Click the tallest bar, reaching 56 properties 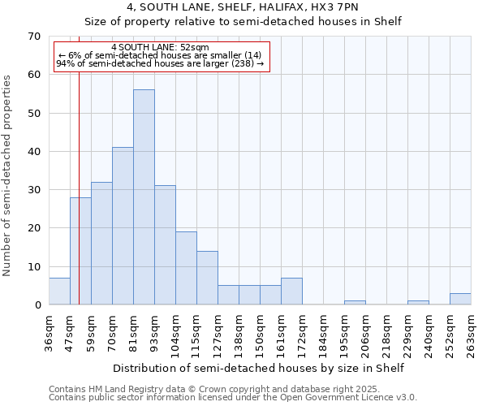click(x=144, y=197)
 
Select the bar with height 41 click(x=123, y=226)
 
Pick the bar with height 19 click(x=186, y=268)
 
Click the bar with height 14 click(x=207, y=278)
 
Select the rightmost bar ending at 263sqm click(x=460, y=299)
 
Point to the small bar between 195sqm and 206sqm click(x=355, y=303)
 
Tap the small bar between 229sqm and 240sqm click(x=418, y=303)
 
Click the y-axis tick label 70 click(x=33, y=37)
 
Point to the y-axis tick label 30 click(x=33, y=190)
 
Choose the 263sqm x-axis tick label click(x=471, y=334)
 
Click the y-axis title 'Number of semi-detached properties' click(x=8, y=175)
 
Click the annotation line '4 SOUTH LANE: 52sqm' click(x=160, y=47)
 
